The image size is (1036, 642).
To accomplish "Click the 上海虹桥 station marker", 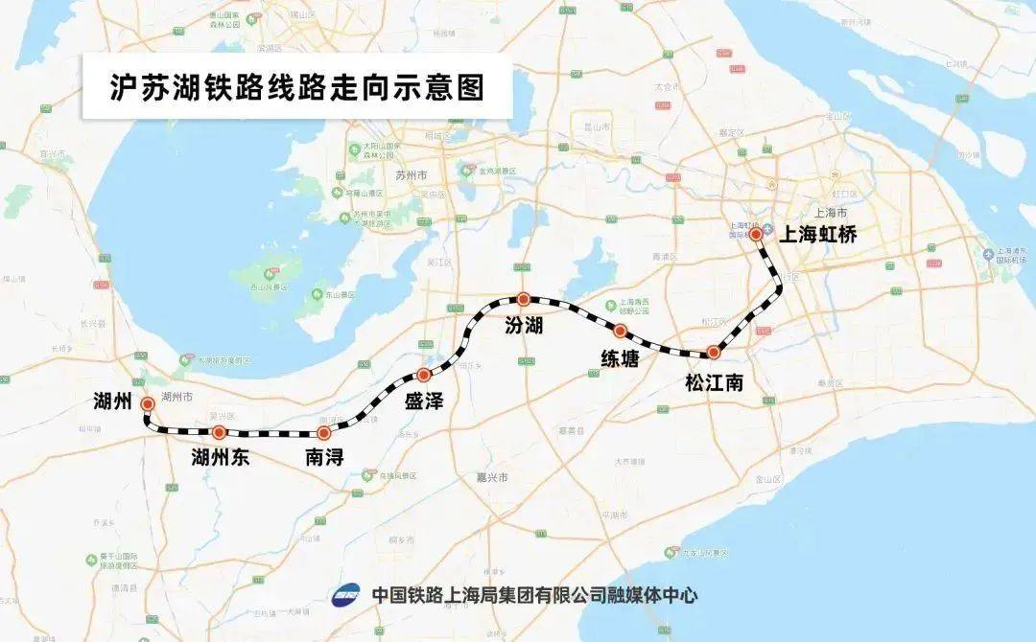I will pos(756,234).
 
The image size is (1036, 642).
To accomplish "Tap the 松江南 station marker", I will pos(713,352).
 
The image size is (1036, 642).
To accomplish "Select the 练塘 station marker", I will pos(620,332).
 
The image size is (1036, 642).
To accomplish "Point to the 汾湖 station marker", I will pos(523,299).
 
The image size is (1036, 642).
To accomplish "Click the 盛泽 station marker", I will pos(423,375).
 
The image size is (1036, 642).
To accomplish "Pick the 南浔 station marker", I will pos(324,433).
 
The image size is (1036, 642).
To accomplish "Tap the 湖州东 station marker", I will pos(219,433).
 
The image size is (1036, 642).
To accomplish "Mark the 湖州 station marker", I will pos(148,404).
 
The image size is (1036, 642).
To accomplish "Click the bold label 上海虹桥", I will pos(817,234).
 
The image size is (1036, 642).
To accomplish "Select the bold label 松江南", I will pos(714,383).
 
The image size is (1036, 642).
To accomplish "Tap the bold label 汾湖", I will pos(524,327).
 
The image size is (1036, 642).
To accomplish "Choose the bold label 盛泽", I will pos(423,402).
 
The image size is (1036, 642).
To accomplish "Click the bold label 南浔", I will pos(324,459).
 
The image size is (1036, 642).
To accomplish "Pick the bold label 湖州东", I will pos(221,458).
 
